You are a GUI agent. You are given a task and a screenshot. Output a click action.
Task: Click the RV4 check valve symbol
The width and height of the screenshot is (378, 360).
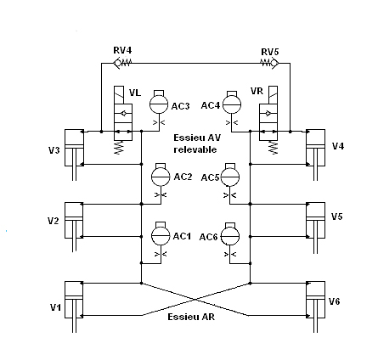(x=122, y=63)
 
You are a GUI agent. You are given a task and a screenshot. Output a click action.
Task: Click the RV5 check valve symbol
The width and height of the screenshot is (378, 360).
(x=269, y=63)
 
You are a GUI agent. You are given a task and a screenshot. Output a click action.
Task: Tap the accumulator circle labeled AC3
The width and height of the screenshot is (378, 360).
(x=159, y=104)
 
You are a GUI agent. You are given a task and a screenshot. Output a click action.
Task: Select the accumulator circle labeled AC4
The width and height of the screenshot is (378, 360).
(x=232, y=104)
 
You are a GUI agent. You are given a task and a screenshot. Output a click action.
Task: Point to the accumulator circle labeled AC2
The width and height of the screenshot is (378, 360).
(x=161, y=177)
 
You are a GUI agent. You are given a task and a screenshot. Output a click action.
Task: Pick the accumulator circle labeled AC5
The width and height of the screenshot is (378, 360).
(x=230, y=177)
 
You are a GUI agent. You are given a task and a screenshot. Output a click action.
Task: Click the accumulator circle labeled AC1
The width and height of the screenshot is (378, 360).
(x=161, y=235)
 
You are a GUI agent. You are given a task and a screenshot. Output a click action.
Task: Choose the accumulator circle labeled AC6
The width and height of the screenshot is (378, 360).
(x=230, y=236)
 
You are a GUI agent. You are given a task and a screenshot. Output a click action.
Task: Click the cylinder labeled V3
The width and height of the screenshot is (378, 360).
(x=74, y=155)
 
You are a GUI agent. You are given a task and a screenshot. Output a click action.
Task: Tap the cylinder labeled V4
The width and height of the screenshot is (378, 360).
(x=316, y=155)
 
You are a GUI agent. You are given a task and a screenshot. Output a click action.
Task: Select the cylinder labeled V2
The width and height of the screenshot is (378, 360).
(x=74, y=227)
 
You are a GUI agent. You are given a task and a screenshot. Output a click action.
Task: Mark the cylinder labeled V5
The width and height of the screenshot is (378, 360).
(x=316, y=228)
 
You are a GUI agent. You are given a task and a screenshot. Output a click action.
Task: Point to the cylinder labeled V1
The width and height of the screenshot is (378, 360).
(x=74, y=307)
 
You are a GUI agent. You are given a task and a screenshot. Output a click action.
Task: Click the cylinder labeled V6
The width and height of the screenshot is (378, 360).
(x=316, y=307)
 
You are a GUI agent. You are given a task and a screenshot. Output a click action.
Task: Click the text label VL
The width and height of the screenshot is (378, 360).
(x=135, y=93)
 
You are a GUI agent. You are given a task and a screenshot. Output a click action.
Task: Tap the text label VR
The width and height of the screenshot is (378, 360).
(x=257, y=91)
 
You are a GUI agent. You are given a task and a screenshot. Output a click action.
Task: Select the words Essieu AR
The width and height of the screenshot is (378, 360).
(x=191, y=317)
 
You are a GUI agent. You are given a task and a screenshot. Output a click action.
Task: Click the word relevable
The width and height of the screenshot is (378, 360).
(x=195, y=149)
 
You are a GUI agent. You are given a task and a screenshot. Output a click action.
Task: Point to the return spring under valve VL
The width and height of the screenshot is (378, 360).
(x=119, y=148)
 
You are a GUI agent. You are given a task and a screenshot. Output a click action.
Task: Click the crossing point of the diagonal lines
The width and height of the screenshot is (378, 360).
(x=195, y=300)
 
